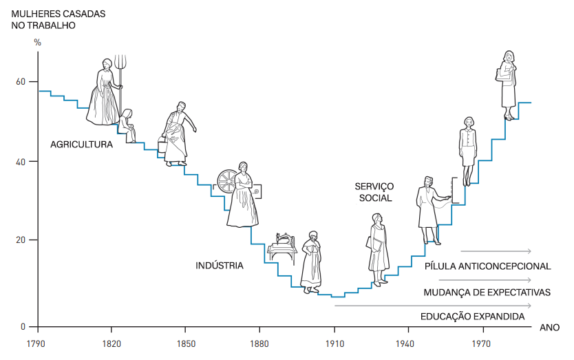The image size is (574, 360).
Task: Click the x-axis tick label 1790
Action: tap(36, 343)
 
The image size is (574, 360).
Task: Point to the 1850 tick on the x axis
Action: tap(184, 343)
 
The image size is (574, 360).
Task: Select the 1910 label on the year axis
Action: tap(334, 343)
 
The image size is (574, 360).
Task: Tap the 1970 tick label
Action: tap(482, 343)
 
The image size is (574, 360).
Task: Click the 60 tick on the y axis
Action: tap(21, 82)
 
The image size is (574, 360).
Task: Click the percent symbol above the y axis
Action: tap(38, 43)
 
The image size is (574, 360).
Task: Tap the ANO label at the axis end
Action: tap(549, 328)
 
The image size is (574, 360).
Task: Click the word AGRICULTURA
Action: tap(81, 145)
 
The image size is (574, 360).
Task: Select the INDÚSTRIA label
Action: tap(219, 265)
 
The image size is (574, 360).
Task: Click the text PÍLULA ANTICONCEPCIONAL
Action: tap(487, 266)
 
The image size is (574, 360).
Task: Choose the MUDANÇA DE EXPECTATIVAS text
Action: tap(487, 292)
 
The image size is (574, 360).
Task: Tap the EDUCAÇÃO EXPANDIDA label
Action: tap(472, 317)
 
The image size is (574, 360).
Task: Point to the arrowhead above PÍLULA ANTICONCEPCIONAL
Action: tap(529, 251)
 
